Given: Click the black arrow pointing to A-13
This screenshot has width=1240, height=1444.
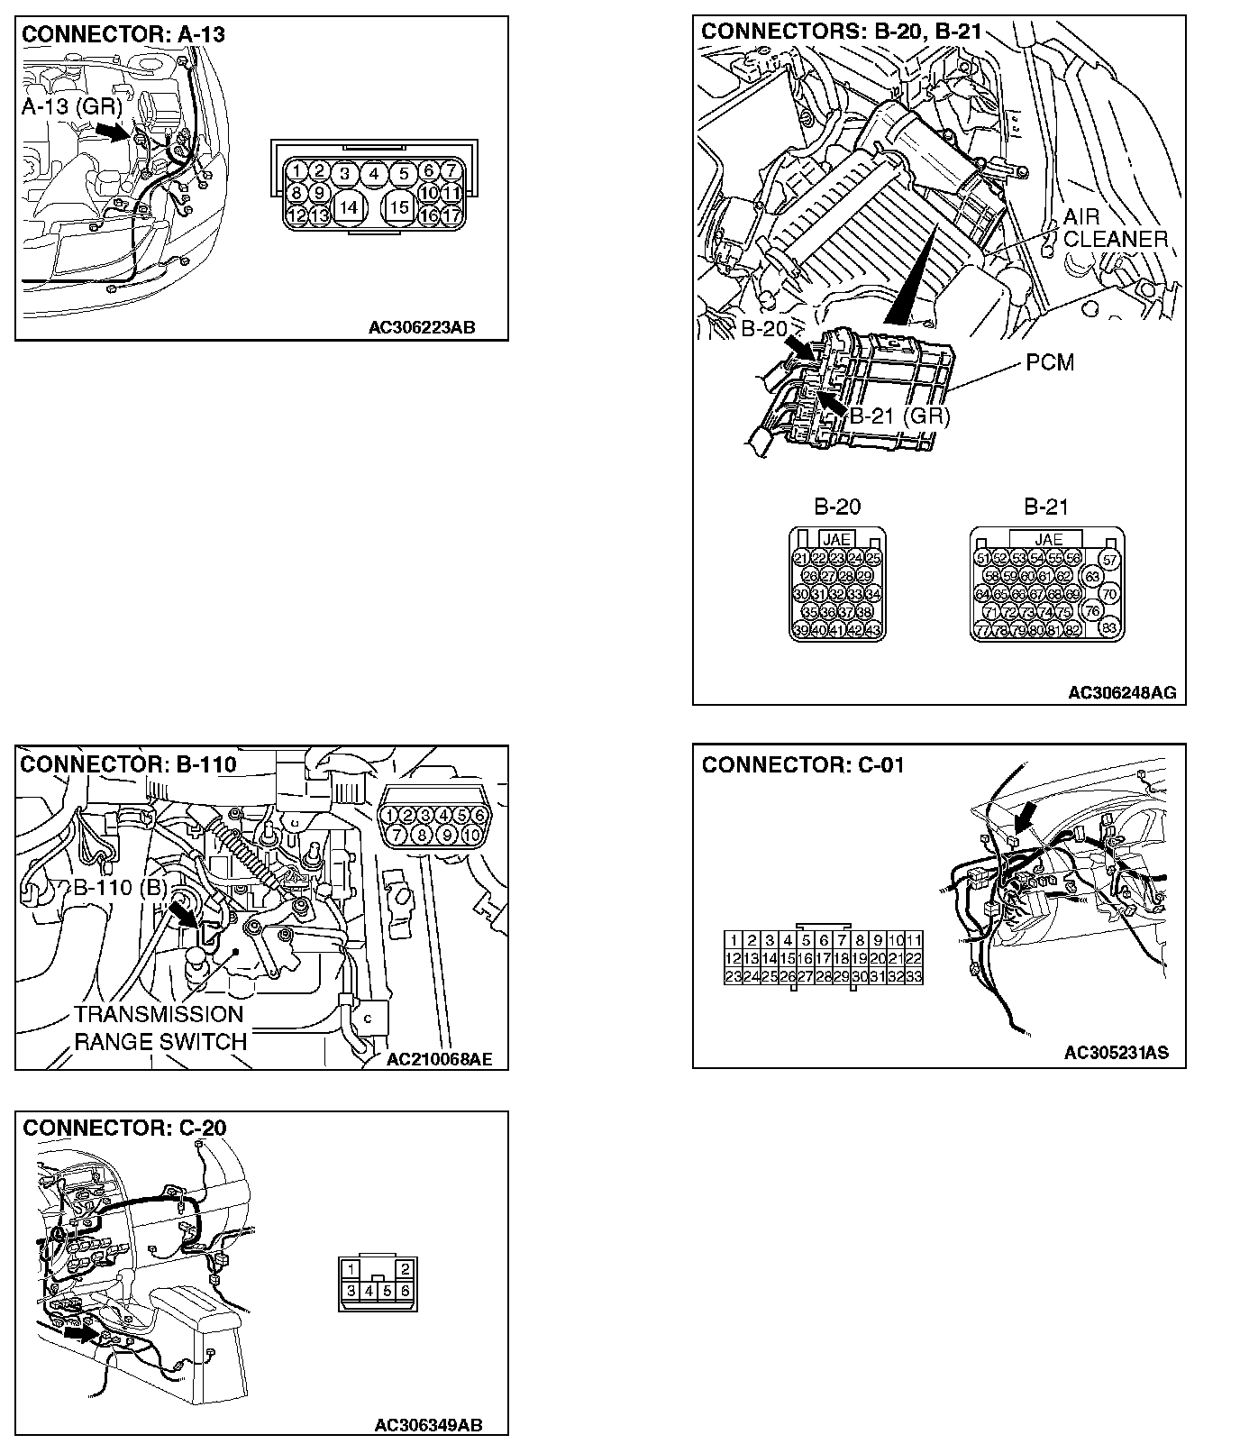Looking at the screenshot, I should pos(113,132).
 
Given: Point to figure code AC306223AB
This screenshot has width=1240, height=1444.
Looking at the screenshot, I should pos(421,328).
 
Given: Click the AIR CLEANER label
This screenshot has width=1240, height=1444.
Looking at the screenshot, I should pos(1115,228).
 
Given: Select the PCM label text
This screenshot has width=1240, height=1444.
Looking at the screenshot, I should pos(1050,362).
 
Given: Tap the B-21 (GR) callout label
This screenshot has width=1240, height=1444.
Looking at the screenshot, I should pos(899,416).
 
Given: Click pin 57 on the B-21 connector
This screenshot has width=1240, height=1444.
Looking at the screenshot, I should pos(1109,560).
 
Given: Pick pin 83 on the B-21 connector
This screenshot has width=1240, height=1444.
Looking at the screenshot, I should pos(1109,628).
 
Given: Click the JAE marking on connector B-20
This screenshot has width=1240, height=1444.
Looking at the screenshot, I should pos(837,540).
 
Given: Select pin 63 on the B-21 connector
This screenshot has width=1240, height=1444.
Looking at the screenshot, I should pos(1092,577).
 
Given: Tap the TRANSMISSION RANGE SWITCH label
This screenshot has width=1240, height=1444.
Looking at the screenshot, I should pos(160,1028).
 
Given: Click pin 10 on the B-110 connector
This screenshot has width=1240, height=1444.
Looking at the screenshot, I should pos(472,836).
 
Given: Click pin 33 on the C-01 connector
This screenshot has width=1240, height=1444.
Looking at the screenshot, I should pos(913,976).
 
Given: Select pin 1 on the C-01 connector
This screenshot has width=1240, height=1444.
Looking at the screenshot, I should pos(734,941).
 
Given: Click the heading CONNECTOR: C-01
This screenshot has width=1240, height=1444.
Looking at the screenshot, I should pos(802,766).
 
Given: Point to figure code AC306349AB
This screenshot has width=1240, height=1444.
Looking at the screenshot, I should pos(428,1425).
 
